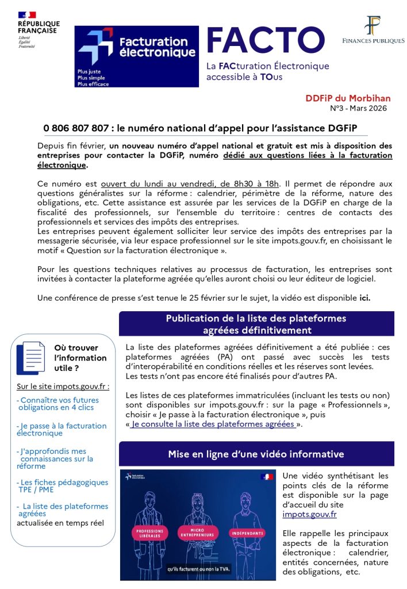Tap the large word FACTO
265,40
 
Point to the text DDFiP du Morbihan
346,98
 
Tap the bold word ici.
364,297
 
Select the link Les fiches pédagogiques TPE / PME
62,486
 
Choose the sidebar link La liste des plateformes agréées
62,510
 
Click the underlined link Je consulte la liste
213,424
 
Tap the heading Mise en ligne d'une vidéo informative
256,454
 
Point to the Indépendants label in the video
248,533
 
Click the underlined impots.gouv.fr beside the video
309,515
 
